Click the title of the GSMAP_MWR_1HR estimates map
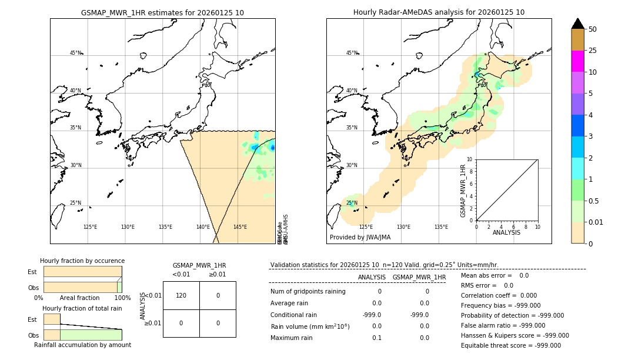(x=162, y=12)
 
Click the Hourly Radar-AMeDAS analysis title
(x=439, y=12)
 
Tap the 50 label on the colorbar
(x=593, y=29)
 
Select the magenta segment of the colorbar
(x=577, y=61)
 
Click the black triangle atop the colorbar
(x=577, y=24)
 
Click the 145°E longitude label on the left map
(x=240, y=227)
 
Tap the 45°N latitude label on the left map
(x=76, y=53)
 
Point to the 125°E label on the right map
(x=366, y=227)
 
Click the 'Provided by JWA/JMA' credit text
(x=360, y=238)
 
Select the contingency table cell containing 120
(x=181, y=295)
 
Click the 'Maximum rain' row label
(x=292, y=338)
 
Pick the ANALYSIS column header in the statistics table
(x=372, y=277)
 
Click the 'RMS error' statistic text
(x=487, y=285)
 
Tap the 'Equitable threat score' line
(x=510, y=345)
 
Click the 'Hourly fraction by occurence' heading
(x=82, y=261)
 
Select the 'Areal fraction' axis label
(x=79, y=298)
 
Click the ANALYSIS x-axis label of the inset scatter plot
(x=507, y=232)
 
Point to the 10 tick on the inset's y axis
(x=469, y=159)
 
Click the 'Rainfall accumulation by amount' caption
(x=82, y=345)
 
